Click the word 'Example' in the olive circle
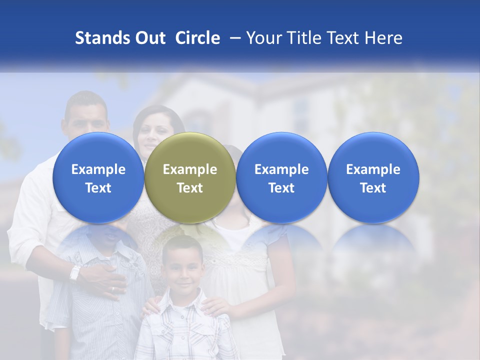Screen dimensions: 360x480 click(190, 169)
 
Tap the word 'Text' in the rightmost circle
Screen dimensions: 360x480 click(373, 188)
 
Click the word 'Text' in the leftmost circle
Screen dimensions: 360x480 click(98, 188)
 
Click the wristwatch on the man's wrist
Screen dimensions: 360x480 click(75, 273)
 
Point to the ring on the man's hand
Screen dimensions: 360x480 click(112, 288)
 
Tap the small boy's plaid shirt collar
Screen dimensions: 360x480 click(183, 304)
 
